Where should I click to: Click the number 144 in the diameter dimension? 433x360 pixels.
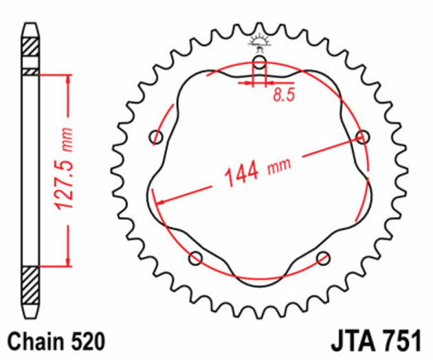click(x=241, y=174)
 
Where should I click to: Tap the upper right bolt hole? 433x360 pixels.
click(x=363, y=137)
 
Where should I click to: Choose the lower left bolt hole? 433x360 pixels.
click(x=196, y=258)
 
